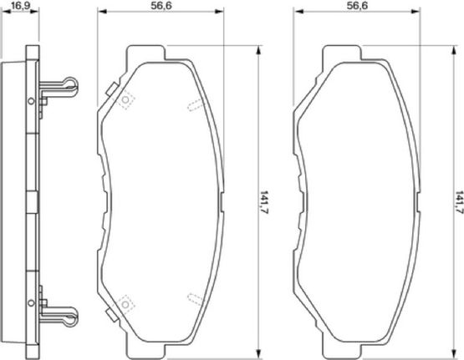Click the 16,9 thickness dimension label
tap(20, 5)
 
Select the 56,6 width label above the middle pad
tap(161, 5)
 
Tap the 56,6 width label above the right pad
tap(357, 5)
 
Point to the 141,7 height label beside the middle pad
tap(264, 202)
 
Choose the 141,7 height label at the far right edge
tap(459, 202)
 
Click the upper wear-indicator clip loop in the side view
tap(72, 84)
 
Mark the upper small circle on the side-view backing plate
tap(31, 101)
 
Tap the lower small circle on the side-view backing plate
tap(31, 303)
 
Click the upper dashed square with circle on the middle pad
tap(125, 100)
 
